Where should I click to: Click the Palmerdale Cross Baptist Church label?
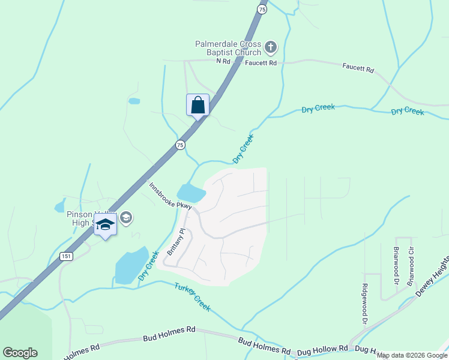tap(228, 48)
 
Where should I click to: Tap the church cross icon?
tap(271, 46)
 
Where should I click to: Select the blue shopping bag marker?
tap(197, 105)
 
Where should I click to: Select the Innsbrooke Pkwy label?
tap(170, 197)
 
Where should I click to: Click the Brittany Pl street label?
tap(176, 242)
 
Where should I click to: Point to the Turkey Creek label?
tap(193, 296)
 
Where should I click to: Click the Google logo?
tap(20, 353)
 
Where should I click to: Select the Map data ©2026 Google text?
tap(412, 355)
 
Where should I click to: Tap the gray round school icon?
tap(125, 217)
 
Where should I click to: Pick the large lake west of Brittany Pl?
tap(131, 266)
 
